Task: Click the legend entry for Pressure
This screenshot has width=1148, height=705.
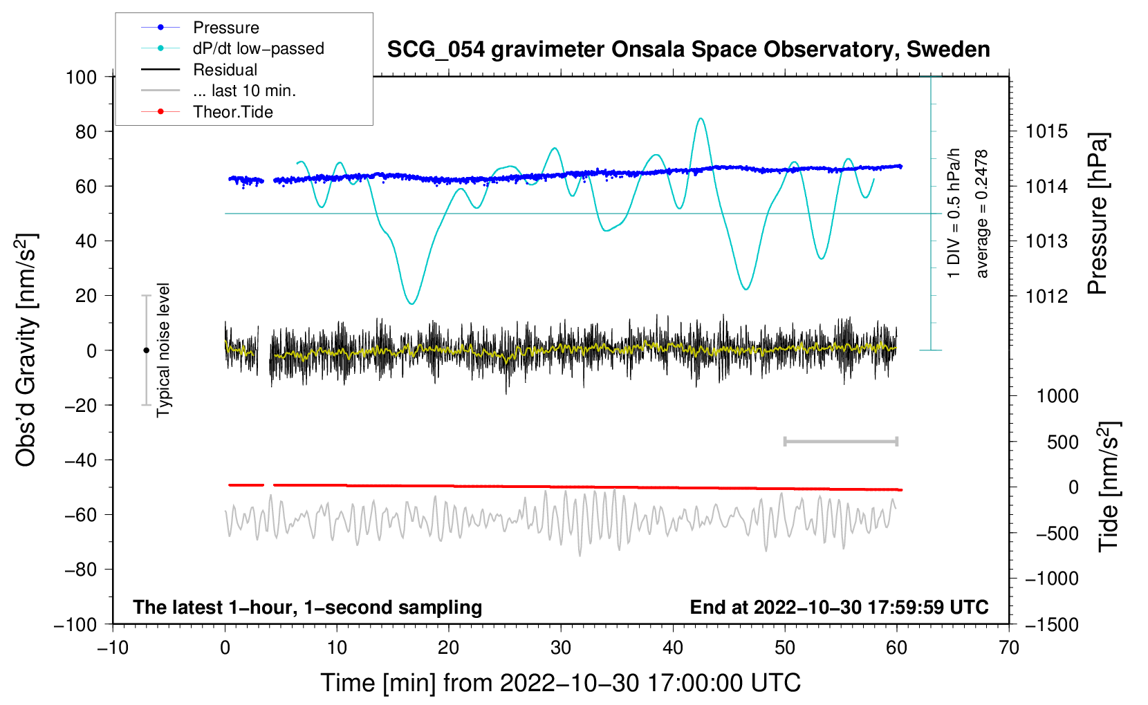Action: (x=225, y=28)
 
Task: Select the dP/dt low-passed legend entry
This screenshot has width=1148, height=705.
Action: (x=258, y=48)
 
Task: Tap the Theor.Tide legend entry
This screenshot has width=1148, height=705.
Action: (x=232, y=112)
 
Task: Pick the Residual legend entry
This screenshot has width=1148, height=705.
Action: (x=225, y=70)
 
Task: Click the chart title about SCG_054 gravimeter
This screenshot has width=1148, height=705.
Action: (x=688, y=50)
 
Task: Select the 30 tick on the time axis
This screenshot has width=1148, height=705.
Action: (x=561, y=648)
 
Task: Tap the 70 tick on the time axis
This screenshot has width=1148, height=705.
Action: (x=1009, y=648)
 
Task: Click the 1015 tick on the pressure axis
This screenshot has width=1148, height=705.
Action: (x=1046, y=131)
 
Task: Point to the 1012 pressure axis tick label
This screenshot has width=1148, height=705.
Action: (x=1046, y=296)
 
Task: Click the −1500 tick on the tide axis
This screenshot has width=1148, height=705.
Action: (x=1051, y=624)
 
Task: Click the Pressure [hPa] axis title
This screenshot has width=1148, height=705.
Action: (x=1098, y=214)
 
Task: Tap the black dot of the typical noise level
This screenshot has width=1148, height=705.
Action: (x=146, y=350)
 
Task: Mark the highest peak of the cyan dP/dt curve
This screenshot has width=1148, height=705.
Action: (x=701, y=118)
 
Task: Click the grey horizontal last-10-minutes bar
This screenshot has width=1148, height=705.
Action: (x=840, y=442)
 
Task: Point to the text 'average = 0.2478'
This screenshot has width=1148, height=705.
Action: (x=981, y=214)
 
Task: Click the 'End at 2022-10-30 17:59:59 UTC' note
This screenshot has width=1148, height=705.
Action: (x=839, y=608)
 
